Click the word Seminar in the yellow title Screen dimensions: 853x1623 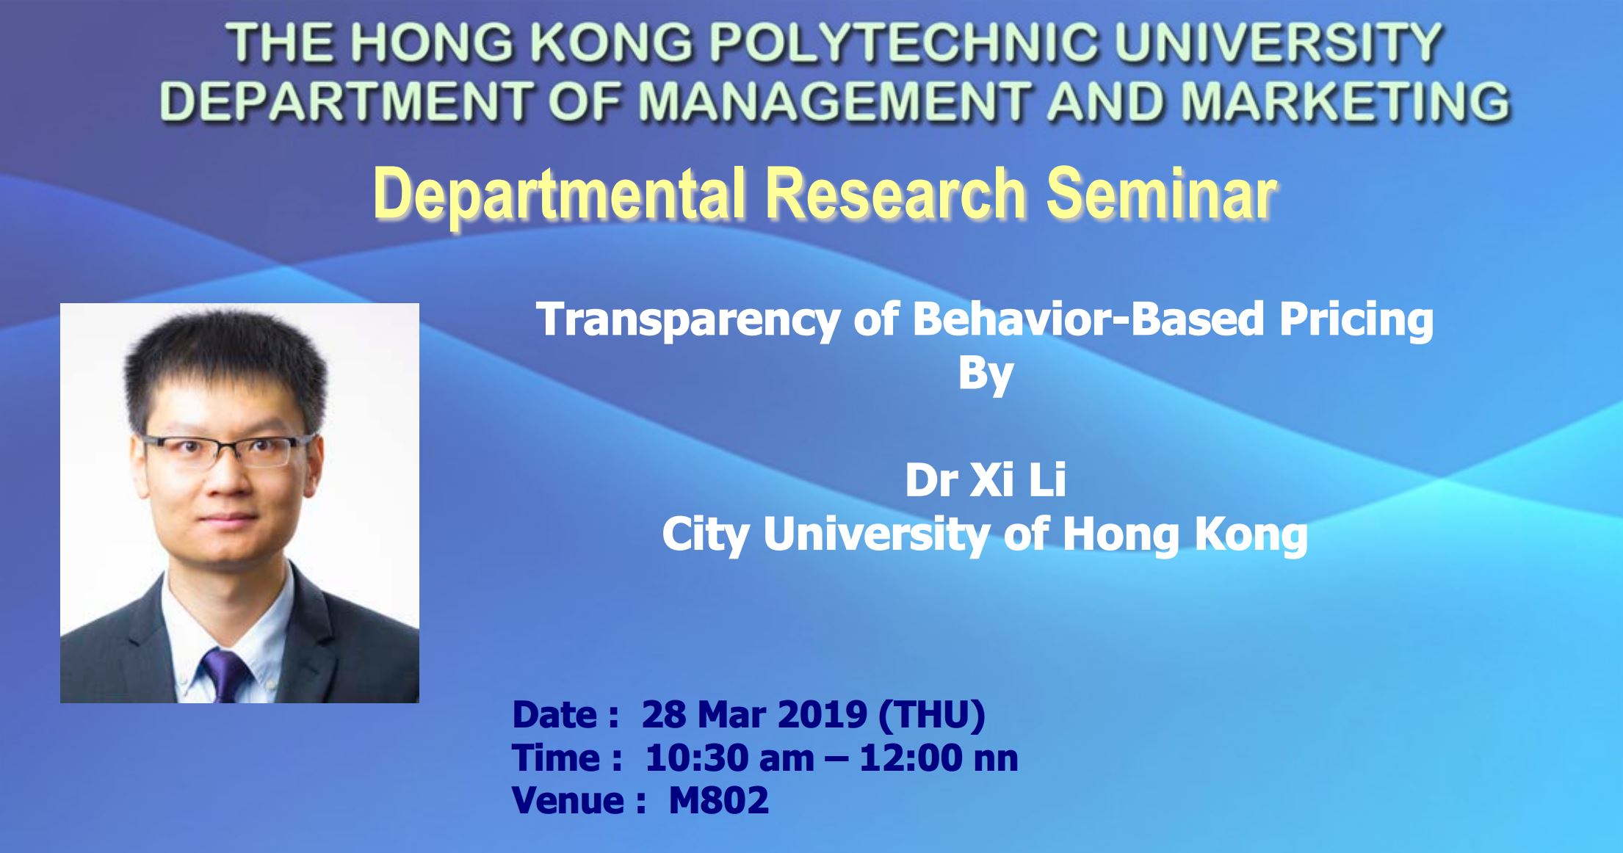[x=1160, y=194]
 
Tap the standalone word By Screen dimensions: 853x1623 [x=986, y=374]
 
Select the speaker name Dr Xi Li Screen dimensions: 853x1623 [x=986, y=480]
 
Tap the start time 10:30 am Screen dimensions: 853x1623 [x=720, y=758]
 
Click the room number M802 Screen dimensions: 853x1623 [x=719, y=800]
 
